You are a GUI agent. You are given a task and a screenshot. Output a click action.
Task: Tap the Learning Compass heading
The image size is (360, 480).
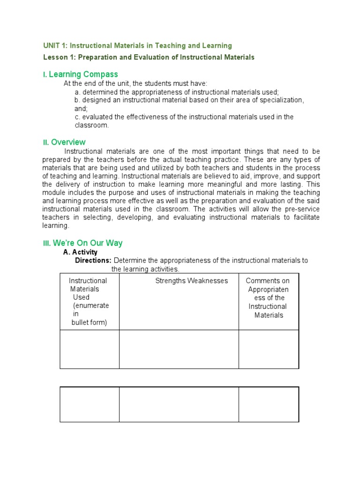[x=83, y=75]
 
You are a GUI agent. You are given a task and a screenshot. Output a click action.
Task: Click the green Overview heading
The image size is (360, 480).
[x=68, y=142]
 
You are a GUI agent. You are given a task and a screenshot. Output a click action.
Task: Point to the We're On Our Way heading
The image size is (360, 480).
[x=88, y=243]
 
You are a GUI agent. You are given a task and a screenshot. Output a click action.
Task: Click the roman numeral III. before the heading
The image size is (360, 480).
[x=47, y=243]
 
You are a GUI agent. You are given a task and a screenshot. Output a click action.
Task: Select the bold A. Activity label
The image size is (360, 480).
[x=80, y=252]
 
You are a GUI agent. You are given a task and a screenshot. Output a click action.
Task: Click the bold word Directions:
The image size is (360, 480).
[x=93, y=261]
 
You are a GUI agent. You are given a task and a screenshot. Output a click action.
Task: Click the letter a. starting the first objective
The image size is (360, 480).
[x=78, y=92]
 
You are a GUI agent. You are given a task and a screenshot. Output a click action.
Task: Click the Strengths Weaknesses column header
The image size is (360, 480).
[x=191, y=281]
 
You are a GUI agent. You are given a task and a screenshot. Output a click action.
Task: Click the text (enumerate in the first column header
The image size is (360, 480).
[x=90, y=306]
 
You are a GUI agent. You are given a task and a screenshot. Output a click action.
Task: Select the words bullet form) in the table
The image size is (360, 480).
[x=89, y=322]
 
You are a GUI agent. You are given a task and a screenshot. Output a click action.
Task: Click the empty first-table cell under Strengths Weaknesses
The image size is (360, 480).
[x=179, y=349]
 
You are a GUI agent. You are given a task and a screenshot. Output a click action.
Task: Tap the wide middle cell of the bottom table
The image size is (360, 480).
[x=179, y=404]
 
